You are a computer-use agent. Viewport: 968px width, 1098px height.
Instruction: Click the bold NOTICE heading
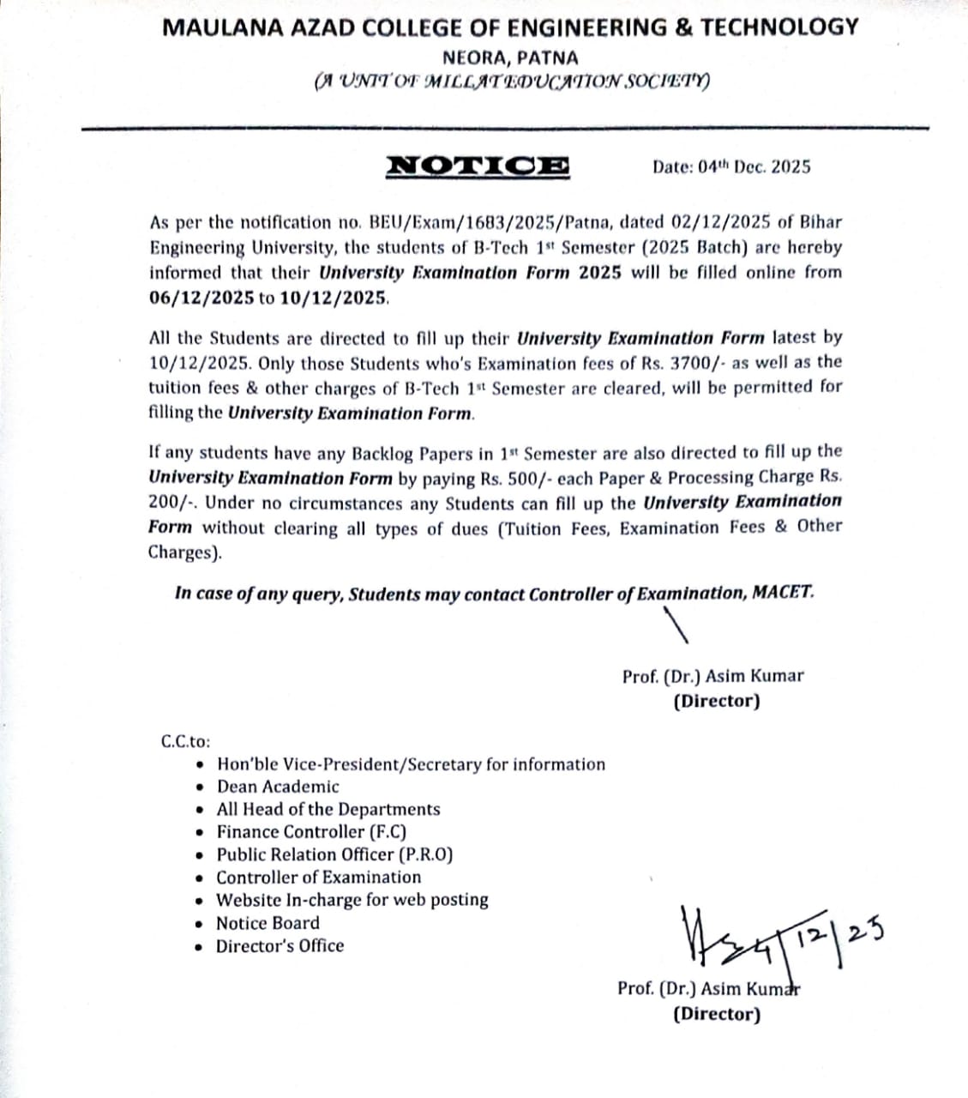tap(478, 166)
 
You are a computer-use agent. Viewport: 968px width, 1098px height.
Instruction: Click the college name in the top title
tap(510, 27)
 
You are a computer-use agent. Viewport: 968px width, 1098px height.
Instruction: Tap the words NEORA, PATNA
tap(510, 58)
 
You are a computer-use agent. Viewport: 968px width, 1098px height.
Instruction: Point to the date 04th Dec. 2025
tap(731, 166)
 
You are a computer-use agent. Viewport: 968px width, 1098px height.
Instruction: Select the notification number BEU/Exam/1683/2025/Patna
tap(490, 222)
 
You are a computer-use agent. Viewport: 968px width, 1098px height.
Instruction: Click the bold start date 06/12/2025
tap(201, 299)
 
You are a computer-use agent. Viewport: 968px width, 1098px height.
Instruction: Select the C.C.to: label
tap(186, 741)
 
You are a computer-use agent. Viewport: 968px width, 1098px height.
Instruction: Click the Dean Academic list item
tap(278, 787)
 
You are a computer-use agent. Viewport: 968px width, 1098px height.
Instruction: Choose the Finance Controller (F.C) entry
tap(311, 832)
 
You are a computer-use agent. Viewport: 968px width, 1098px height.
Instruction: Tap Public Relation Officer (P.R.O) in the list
tap(334, 854)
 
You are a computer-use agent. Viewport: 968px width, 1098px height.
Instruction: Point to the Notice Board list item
tap(268, 923)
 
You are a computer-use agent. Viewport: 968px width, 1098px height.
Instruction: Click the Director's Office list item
tap(280, 946)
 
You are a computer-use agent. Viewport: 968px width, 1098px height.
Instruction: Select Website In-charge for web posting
tap(352, 900)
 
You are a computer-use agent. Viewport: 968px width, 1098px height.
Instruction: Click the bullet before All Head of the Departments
tap(200, 810)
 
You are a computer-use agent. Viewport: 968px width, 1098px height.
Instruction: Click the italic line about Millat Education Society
tap(512, 82)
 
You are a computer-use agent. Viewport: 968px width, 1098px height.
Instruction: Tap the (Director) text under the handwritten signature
tap(717, 1014)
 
